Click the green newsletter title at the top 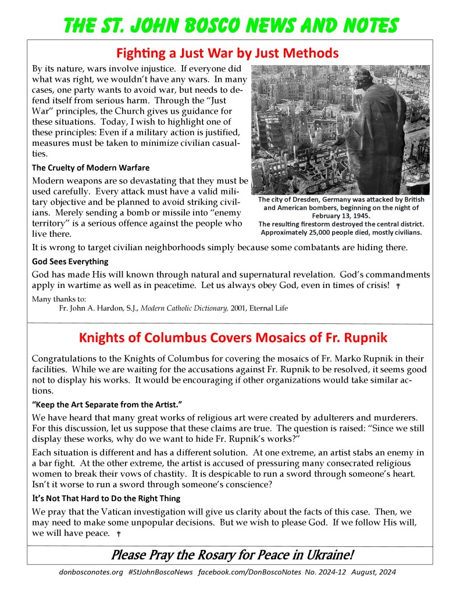click(231, 24)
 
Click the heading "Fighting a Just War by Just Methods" click(227, 53)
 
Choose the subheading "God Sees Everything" click(70, 261)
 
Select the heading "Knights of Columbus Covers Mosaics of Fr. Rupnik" click(230, 337)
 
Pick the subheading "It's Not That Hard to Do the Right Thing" click(106, 498)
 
